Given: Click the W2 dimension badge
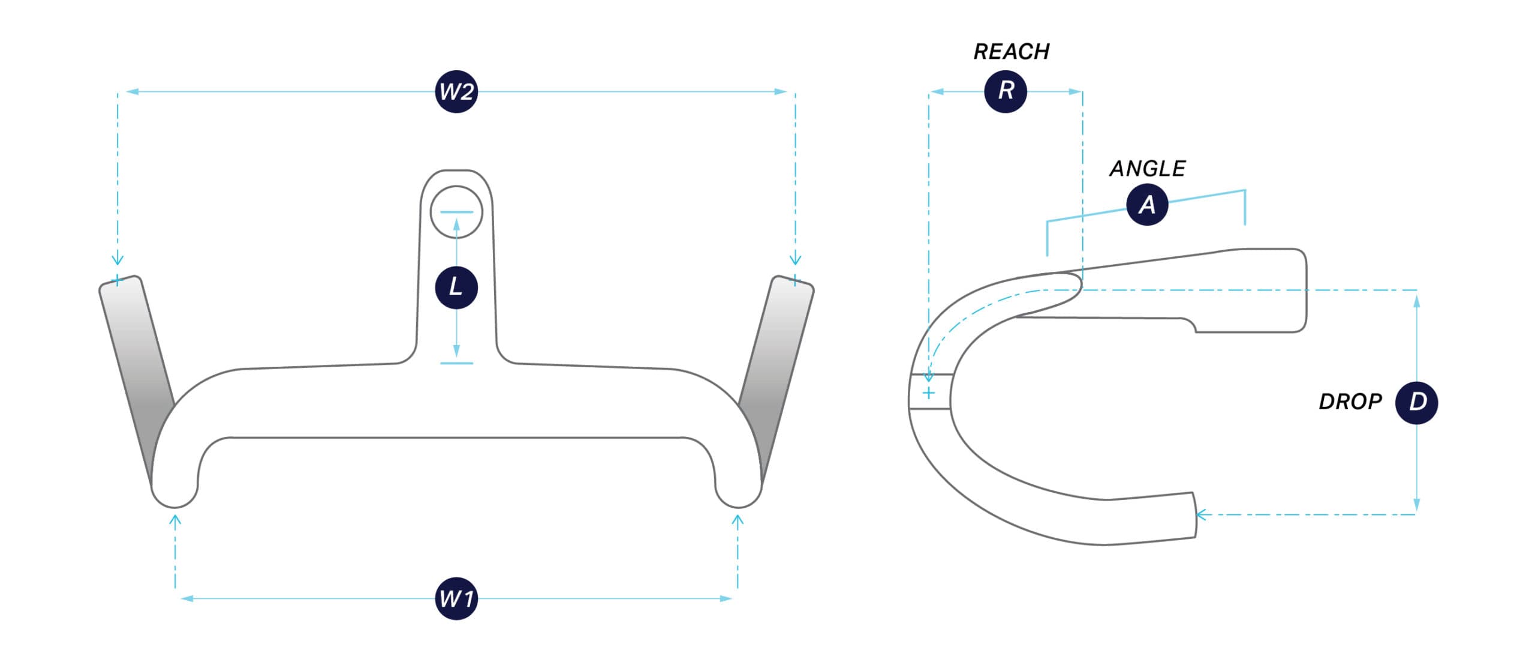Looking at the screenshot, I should coord(456,92).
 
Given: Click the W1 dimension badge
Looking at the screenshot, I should coord(456,598).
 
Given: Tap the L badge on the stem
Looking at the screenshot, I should coord(456,287).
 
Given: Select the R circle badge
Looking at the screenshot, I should coord(1006,91).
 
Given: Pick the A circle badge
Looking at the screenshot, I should coord(1147,205).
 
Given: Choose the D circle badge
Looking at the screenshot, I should coord(1416,402).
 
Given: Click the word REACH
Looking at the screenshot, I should coord(1012,52).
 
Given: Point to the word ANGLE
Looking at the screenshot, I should coord(1147,169).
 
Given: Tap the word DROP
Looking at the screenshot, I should coord(1350,402).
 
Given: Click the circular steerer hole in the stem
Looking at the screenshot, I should coord(456,212).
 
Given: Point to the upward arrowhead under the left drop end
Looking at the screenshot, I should coord(175,520).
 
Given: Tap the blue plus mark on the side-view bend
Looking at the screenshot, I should coord(929,394).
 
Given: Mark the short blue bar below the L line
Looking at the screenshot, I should coord(456,363).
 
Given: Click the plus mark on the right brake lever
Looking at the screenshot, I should coord(795,280).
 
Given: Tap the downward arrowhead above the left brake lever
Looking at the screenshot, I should coord(118,260).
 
